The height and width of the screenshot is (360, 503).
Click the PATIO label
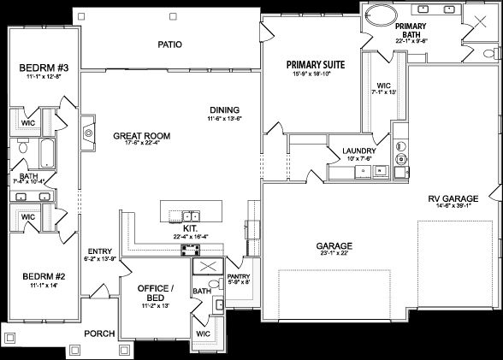pos(171,44)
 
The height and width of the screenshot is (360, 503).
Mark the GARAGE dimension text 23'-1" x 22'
pos(335,254)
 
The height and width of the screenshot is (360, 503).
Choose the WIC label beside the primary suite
pos(383,86)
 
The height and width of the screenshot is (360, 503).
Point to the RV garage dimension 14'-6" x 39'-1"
pos(453,208)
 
